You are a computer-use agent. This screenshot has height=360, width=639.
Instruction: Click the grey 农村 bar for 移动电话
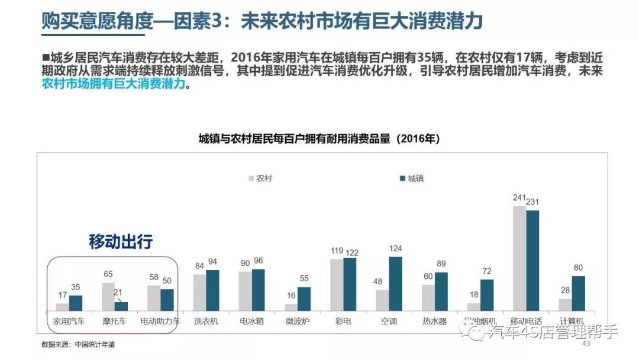pyautogui.click(x=519, y=258)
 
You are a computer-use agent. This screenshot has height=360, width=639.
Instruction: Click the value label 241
pyautogui.click(x=519, y=198)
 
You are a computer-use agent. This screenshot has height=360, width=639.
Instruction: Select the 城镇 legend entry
pyautogui.click(x=414, y=178)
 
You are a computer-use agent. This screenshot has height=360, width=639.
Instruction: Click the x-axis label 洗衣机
pyautogui.click(x=206, y=322)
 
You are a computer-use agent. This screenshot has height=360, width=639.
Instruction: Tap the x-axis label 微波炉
pyautogui.click(x=298, y=322)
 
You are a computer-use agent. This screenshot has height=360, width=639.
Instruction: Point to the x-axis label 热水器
pyautogui.click(x=435, y=322)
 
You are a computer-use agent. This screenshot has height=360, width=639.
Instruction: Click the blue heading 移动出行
pyautogui.click(x=121, y=242)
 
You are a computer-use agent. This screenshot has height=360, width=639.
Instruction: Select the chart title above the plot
pyautogui.click(x=319, y=139)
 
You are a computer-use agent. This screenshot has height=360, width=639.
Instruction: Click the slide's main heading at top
pyautogui.click(x=263, y=21)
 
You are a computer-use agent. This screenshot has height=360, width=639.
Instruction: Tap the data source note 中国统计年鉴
pyautogui.click(x=95, y=345)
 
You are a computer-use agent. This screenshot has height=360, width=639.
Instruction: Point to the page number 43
pyautogui.click(x=587, y=345)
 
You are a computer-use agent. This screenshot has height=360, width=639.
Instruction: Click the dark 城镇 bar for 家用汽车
pyautogui.click(x=76, y=303)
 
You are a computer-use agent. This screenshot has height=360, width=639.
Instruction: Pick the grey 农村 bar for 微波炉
pyautogui.click(x=291, y=307)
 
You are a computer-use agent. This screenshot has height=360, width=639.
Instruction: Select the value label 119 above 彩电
pyautogui.click(x=337, y=251)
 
